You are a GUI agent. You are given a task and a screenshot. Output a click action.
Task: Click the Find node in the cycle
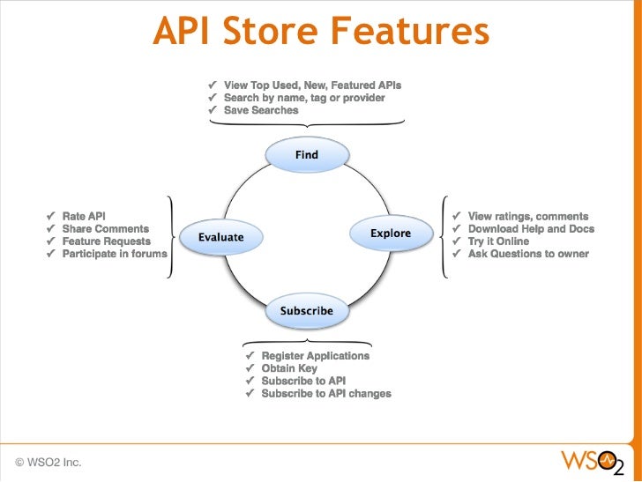(306, 154)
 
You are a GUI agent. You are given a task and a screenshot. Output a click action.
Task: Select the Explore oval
(391, 234)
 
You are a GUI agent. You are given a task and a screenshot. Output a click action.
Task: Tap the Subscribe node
(306, 310)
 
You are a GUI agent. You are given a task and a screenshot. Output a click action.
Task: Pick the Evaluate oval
(220, 237)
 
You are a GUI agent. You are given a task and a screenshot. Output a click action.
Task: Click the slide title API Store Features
(320, 33)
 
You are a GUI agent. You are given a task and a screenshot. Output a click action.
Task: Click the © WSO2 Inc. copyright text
(48, 461)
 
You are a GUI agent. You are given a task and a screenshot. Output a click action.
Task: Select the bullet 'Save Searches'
(260, 110)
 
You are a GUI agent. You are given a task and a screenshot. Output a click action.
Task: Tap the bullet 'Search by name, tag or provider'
(303, 98)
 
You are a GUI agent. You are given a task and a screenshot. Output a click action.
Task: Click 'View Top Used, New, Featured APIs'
(312, 85)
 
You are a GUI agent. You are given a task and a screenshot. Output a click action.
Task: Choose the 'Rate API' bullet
(84, 216)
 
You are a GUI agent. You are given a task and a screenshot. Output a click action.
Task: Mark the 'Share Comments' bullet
(105, 228)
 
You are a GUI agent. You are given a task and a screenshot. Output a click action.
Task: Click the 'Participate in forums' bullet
(114, 254)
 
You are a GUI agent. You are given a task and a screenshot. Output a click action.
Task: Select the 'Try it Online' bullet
(498, 241)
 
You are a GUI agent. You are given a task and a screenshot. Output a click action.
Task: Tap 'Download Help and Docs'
(531, 229)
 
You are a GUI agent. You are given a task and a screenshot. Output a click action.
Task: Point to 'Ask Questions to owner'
(527, 254)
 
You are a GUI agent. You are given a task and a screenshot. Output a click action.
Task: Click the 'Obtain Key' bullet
(289, 368)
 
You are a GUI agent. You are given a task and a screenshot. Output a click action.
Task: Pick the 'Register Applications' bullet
(315, 355)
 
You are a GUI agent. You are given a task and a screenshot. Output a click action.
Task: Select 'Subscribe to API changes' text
(325, 393)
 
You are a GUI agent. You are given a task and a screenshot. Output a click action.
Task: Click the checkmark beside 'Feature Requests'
(51, 241)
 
